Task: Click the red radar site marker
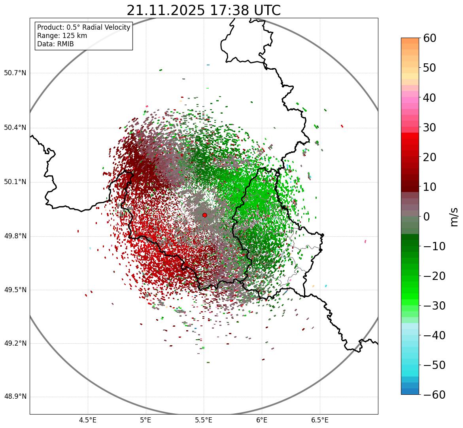click(204, 215)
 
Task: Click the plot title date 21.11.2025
click(166, 10)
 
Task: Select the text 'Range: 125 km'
click(62, 36)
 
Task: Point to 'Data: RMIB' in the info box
click(55, 44)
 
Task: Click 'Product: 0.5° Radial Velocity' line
click(83, 27)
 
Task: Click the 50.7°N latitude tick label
click(15, 73)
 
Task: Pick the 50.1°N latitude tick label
click(15, 182)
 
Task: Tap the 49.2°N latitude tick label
click(15, 343)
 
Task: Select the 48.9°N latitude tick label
click(15, 397)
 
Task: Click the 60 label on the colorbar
click(429, 38)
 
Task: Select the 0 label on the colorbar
click(427, 217)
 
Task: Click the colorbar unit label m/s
click(454, 217)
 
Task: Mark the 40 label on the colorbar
click(429, 97)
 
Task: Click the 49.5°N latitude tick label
click(15, 290)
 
